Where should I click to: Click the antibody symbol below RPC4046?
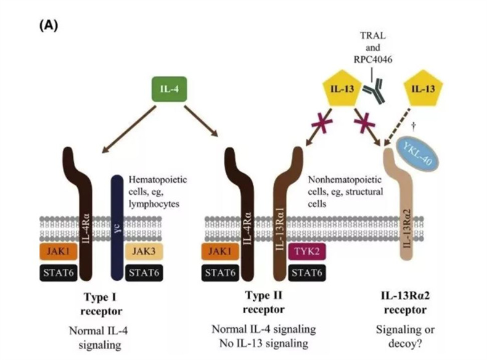(374, 92)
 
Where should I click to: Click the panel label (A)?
(49, 27)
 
